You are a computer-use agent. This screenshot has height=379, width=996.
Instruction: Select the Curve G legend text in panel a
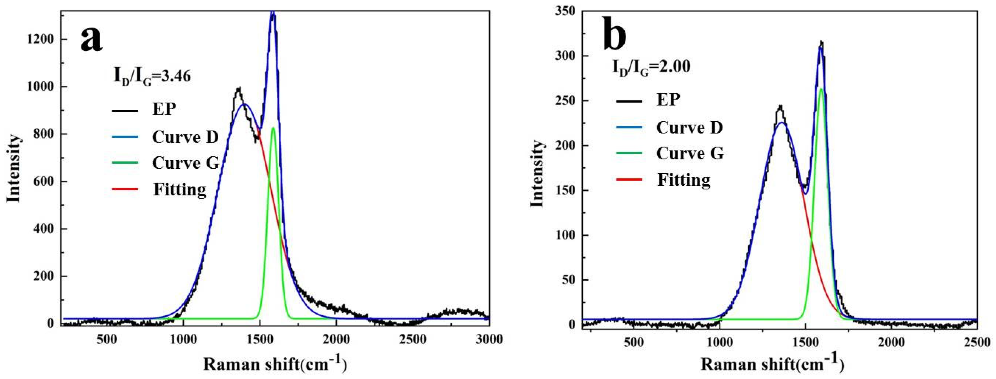[x=186, y=163]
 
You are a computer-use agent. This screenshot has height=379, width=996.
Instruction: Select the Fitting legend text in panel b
[x=684, y=180]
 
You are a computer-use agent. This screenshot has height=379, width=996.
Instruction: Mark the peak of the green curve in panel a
[x=273, y=128]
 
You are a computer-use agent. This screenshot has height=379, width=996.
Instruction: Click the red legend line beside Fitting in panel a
[x=125, y=189]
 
